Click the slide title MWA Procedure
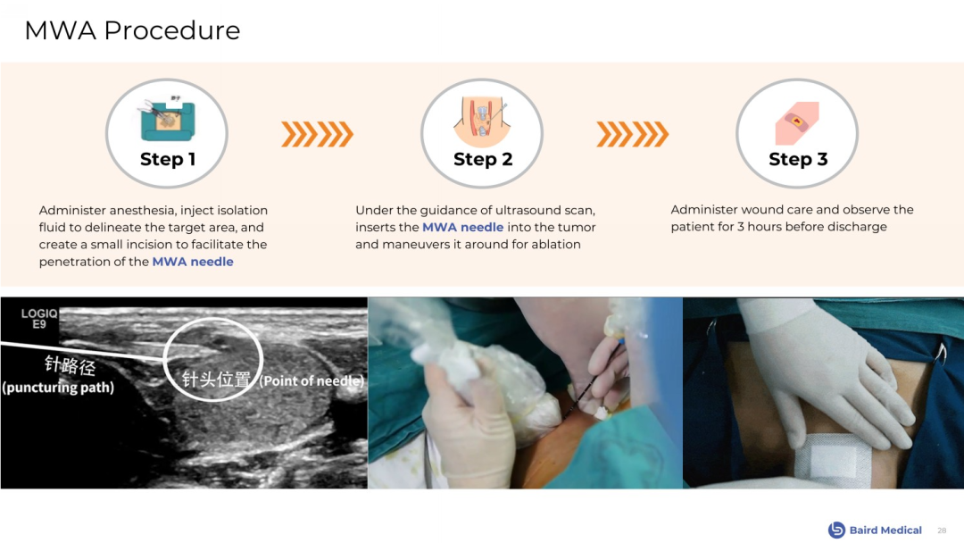point(132,30)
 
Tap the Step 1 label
point(167,159)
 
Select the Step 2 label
point(483,159)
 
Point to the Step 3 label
point(798,159)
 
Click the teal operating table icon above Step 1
point(167,119)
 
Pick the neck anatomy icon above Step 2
point(481,120)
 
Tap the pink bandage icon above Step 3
point(797,123)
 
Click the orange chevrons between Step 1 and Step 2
point(317,134)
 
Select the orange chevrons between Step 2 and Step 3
point(633,134)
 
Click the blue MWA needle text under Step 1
point(193,262)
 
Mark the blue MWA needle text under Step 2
point(463,228)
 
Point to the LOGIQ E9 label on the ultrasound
point(39,319)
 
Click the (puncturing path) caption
point(58,388)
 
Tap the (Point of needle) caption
point(312,380)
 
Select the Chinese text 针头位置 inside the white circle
point(216,379)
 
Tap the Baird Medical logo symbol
point(836,530)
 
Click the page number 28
point(942,530)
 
